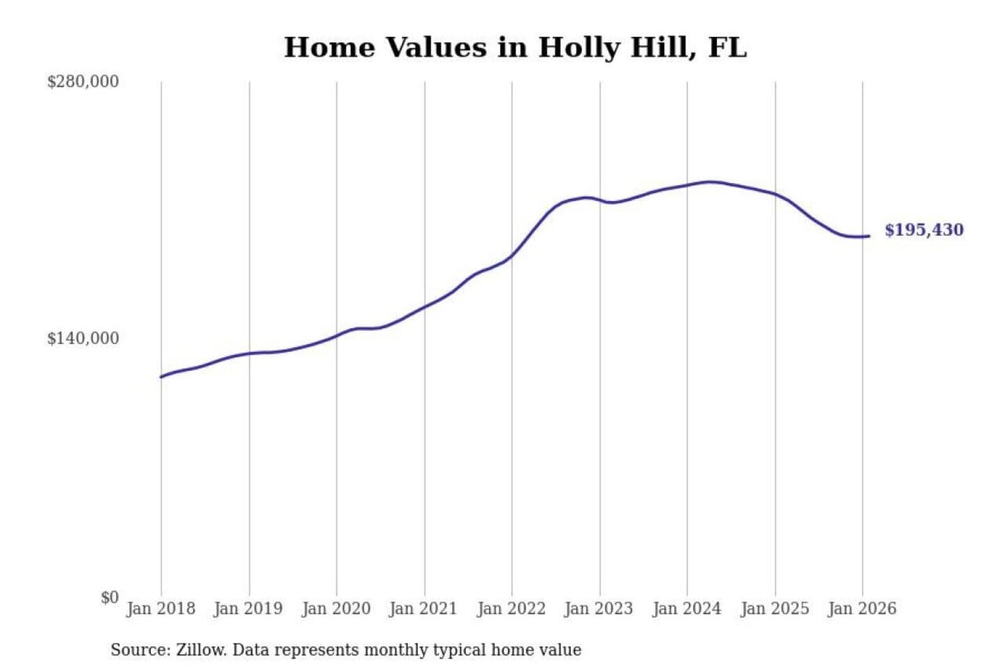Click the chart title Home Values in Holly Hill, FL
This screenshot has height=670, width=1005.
tap(515, 47)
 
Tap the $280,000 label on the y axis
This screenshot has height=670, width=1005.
tap(83, 82)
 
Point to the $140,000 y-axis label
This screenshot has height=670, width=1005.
tap(83, 338)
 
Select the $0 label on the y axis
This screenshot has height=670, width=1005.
tap(110, 597)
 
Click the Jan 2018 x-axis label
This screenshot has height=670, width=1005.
tap(161, 609)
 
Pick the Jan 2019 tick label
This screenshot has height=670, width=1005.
tap(248, 609)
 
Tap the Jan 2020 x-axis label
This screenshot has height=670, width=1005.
tap(336, 609)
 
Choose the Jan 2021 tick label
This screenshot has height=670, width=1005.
tap(423, 609)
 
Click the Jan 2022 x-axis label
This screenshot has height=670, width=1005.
tap(511, 609)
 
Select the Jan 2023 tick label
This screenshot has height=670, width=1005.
tap(598, 609)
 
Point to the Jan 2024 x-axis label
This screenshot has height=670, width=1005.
tap(686, 609)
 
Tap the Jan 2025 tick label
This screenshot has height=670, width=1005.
tap(774, 609)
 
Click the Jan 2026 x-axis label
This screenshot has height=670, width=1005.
tap(861, 609)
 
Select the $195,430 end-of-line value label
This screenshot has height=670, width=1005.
tap(923, 230)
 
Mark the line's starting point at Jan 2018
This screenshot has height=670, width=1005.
tap(161, 377)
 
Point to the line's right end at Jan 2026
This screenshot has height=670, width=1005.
tap(869, 236)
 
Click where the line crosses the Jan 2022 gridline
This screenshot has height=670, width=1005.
tap(512, 256)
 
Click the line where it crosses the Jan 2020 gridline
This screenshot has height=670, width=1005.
tap(336, 336)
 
